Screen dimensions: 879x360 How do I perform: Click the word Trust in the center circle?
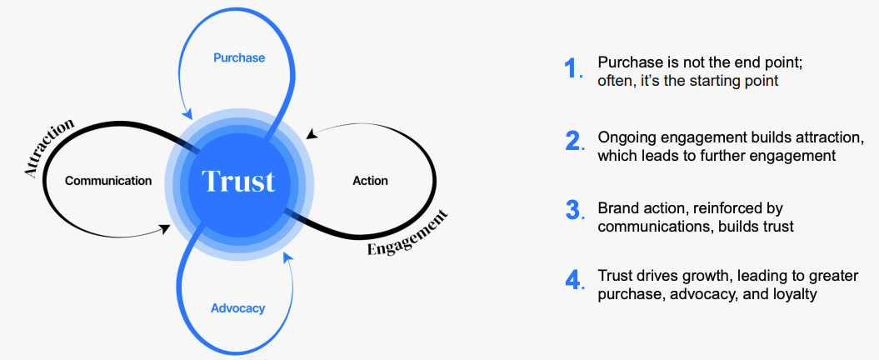[239, 181]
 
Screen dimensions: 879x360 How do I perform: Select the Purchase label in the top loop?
[239, 57]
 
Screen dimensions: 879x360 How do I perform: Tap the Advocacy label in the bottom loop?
[237, 308]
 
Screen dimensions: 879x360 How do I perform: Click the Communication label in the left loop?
[108, 181]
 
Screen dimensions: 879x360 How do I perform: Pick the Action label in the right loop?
[370, 181]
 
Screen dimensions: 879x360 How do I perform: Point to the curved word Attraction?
[49, 147]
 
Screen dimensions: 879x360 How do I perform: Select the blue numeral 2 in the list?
[572, 141]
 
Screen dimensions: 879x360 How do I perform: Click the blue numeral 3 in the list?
[572, 210]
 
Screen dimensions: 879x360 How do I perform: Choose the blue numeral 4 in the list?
[572, 280]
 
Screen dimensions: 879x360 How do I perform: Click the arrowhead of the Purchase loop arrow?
[187, 114]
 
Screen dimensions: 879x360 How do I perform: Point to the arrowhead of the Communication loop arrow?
[166, 228]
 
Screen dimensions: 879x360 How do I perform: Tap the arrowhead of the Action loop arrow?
[311, 134]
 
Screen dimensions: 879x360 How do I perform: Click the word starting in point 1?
[719, 80]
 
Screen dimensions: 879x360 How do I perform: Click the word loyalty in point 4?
[796, 294]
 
